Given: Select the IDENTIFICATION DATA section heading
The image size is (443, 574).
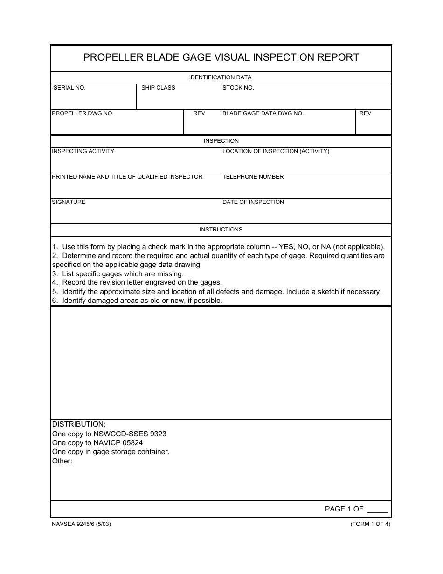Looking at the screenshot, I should click(x=220, y=77).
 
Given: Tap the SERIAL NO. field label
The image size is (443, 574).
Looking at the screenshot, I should click(x=69, y=88).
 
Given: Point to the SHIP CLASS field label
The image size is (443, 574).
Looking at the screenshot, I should click(x=158, y=88).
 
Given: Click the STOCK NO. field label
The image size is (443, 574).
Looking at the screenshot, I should click(x=238, y=88).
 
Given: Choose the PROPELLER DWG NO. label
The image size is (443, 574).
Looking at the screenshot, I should click(x=83, y=113).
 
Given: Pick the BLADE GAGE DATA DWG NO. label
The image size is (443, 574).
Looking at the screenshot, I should click(x=263, y=113).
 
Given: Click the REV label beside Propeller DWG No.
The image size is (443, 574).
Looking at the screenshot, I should click(x=199, y=113).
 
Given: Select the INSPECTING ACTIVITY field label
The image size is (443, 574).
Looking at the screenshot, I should click(x=83, y=151).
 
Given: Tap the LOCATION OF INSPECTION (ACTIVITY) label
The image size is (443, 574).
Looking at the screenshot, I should click(x=276, y=151).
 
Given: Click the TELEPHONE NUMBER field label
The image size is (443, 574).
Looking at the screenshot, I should click(x=253, y=177).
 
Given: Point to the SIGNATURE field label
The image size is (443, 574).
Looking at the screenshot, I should click(x=69, y=202).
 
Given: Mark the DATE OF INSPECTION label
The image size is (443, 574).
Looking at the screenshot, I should click(x=253, y=202).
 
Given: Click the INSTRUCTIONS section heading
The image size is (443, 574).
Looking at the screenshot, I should click(x=221, y=230).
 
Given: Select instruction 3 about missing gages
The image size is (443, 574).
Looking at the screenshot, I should click(x=118, y=274).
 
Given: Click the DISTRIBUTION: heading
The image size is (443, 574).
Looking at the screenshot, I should click(x=79, y=424).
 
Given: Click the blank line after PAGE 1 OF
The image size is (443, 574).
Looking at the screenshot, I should click(x=377, y=510).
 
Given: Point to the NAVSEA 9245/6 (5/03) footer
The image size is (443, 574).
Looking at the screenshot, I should click(x=81, y=524).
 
